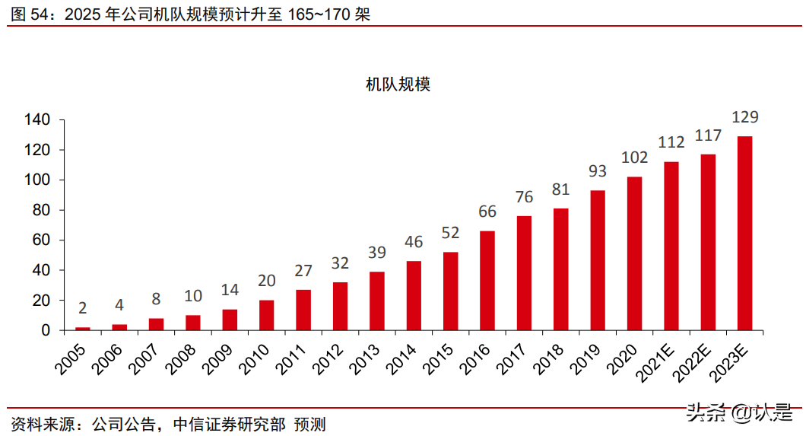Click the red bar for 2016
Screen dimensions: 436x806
click(x=487, y=281)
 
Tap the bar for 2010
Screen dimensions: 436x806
click(x=266, y=315)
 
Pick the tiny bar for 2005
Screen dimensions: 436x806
click(x=82, y=329)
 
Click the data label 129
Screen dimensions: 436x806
click(x=744, y=117)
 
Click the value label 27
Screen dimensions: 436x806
click(x=303, y=272)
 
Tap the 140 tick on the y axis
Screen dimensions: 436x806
click(x=37, y=120)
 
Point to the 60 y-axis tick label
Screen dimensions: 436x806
click(x=41, y=240)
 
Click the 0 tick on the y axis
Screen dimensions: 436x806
click(x=46, y=330)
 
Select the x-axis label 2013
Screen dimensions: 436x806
click(x=366, y=356)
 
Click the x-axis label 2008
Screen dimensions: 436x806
click(x=182, y=356)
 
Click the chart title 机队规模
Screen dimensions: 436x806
click(x=398, y=84)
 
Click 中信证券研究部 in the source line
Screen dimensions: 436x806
click(x=229, y=423)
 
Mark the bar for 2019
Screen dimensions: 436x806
click(x=598, y=260)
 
